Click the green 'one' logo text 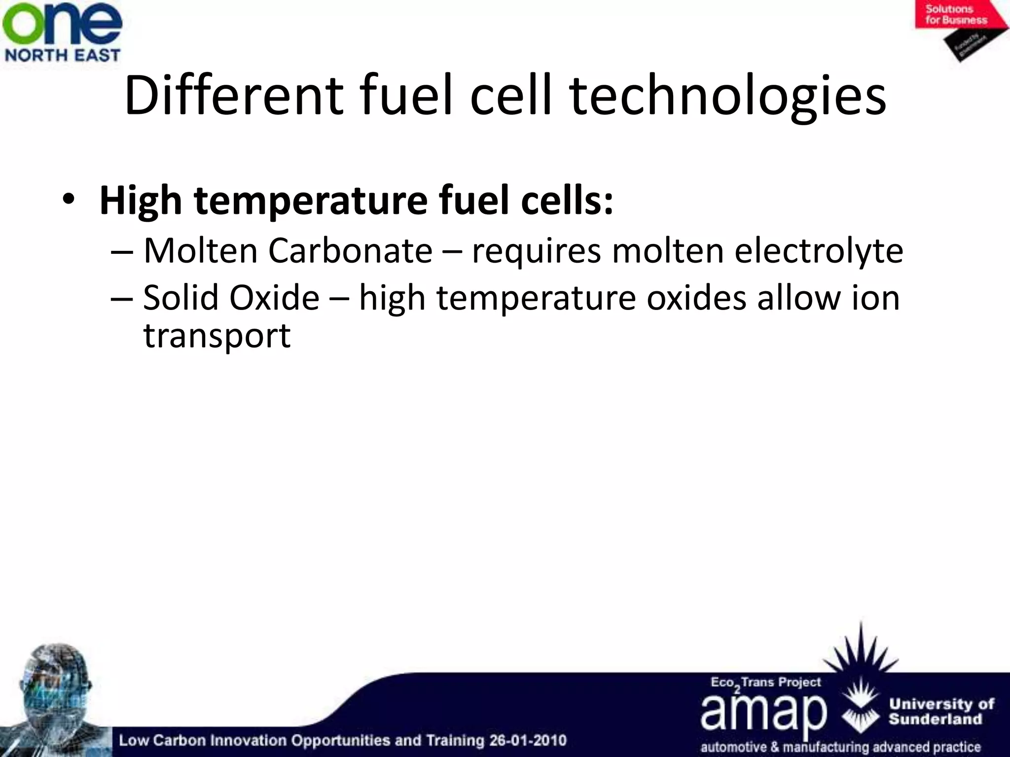(62, 25)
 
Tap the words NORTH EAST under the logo (62, 55)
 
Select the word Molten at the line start (201, 251)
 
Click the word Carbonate (350, 251)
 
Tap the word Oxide (274, 298)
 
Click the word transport (217, 337)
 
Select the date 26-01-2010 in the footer (527, 740)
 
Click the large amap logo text (763, 713)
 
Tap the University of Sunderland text (941, 711)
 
